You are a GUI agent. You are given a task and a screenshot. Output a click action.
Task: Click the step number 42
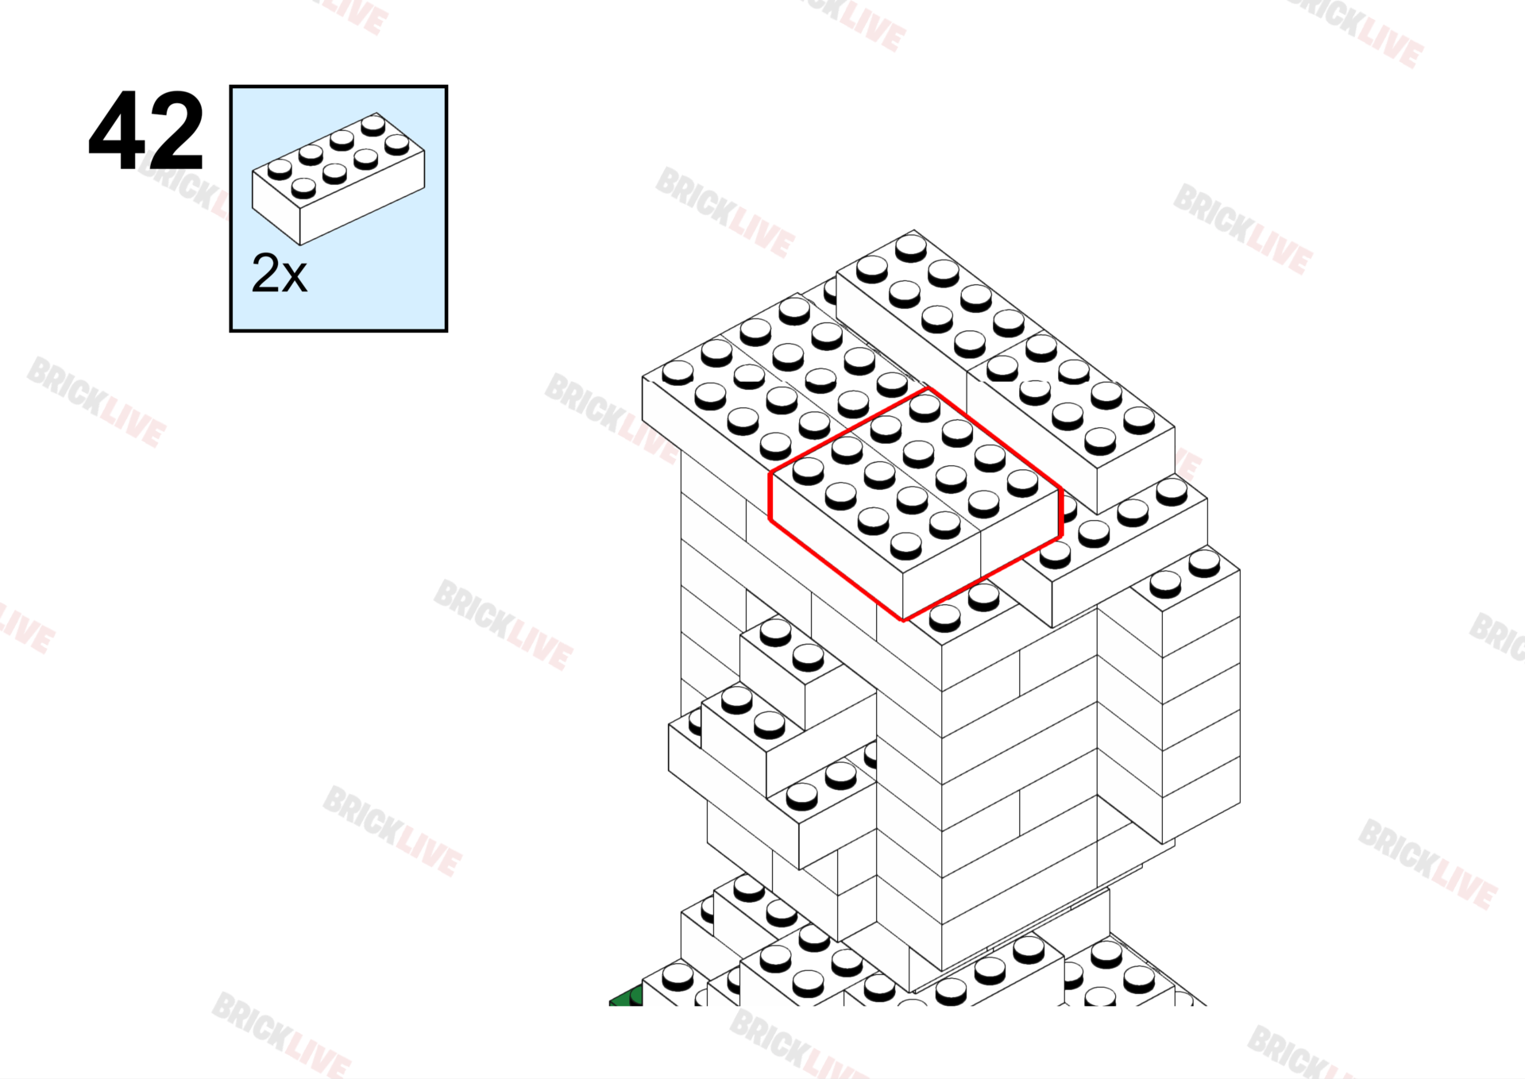[x=146, y=131]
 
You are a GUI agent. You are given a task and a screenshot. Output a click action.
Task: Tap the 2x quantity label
[x=279, y=273]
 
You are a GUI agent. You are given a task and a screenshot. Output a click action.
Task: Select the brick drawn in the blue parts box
[x=338, y=179]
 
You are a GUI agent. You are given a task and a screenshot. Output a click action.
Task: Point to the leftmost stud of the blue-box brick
[x=280, y=169]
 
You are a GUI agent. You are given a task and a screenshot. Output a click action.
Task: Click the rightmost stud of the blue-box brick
[x=397, y=145]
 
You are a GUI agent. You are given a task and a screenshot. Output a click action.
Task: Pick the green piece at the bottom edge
[x=626, y=996]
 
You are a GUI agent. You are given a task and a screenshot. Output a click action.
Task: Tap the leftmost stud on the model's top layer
[x=678, y=372]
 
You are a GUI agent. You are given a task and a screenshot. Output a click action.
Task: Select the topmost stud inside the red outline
[x=925, y=407]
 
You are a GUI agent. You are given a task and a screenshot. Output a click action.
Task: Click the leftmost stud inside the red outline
[x=808, y=471]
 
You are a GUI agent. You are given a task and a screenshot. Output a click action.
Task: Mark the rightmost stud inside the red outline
[x=1022, y=483]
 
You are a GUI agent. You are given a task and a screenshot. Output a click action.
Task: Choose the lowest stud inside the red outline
[x=905, y=545]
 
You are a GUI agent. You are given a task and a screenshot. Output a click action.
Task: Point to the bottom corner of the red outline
[x=903, y=620]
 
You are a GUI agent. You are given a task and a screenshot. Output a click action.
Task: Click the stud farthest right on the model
[x=1204, y=563]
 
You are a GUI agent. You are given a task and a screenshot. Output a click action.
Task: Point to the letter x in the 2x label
[x=294, y=277]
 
